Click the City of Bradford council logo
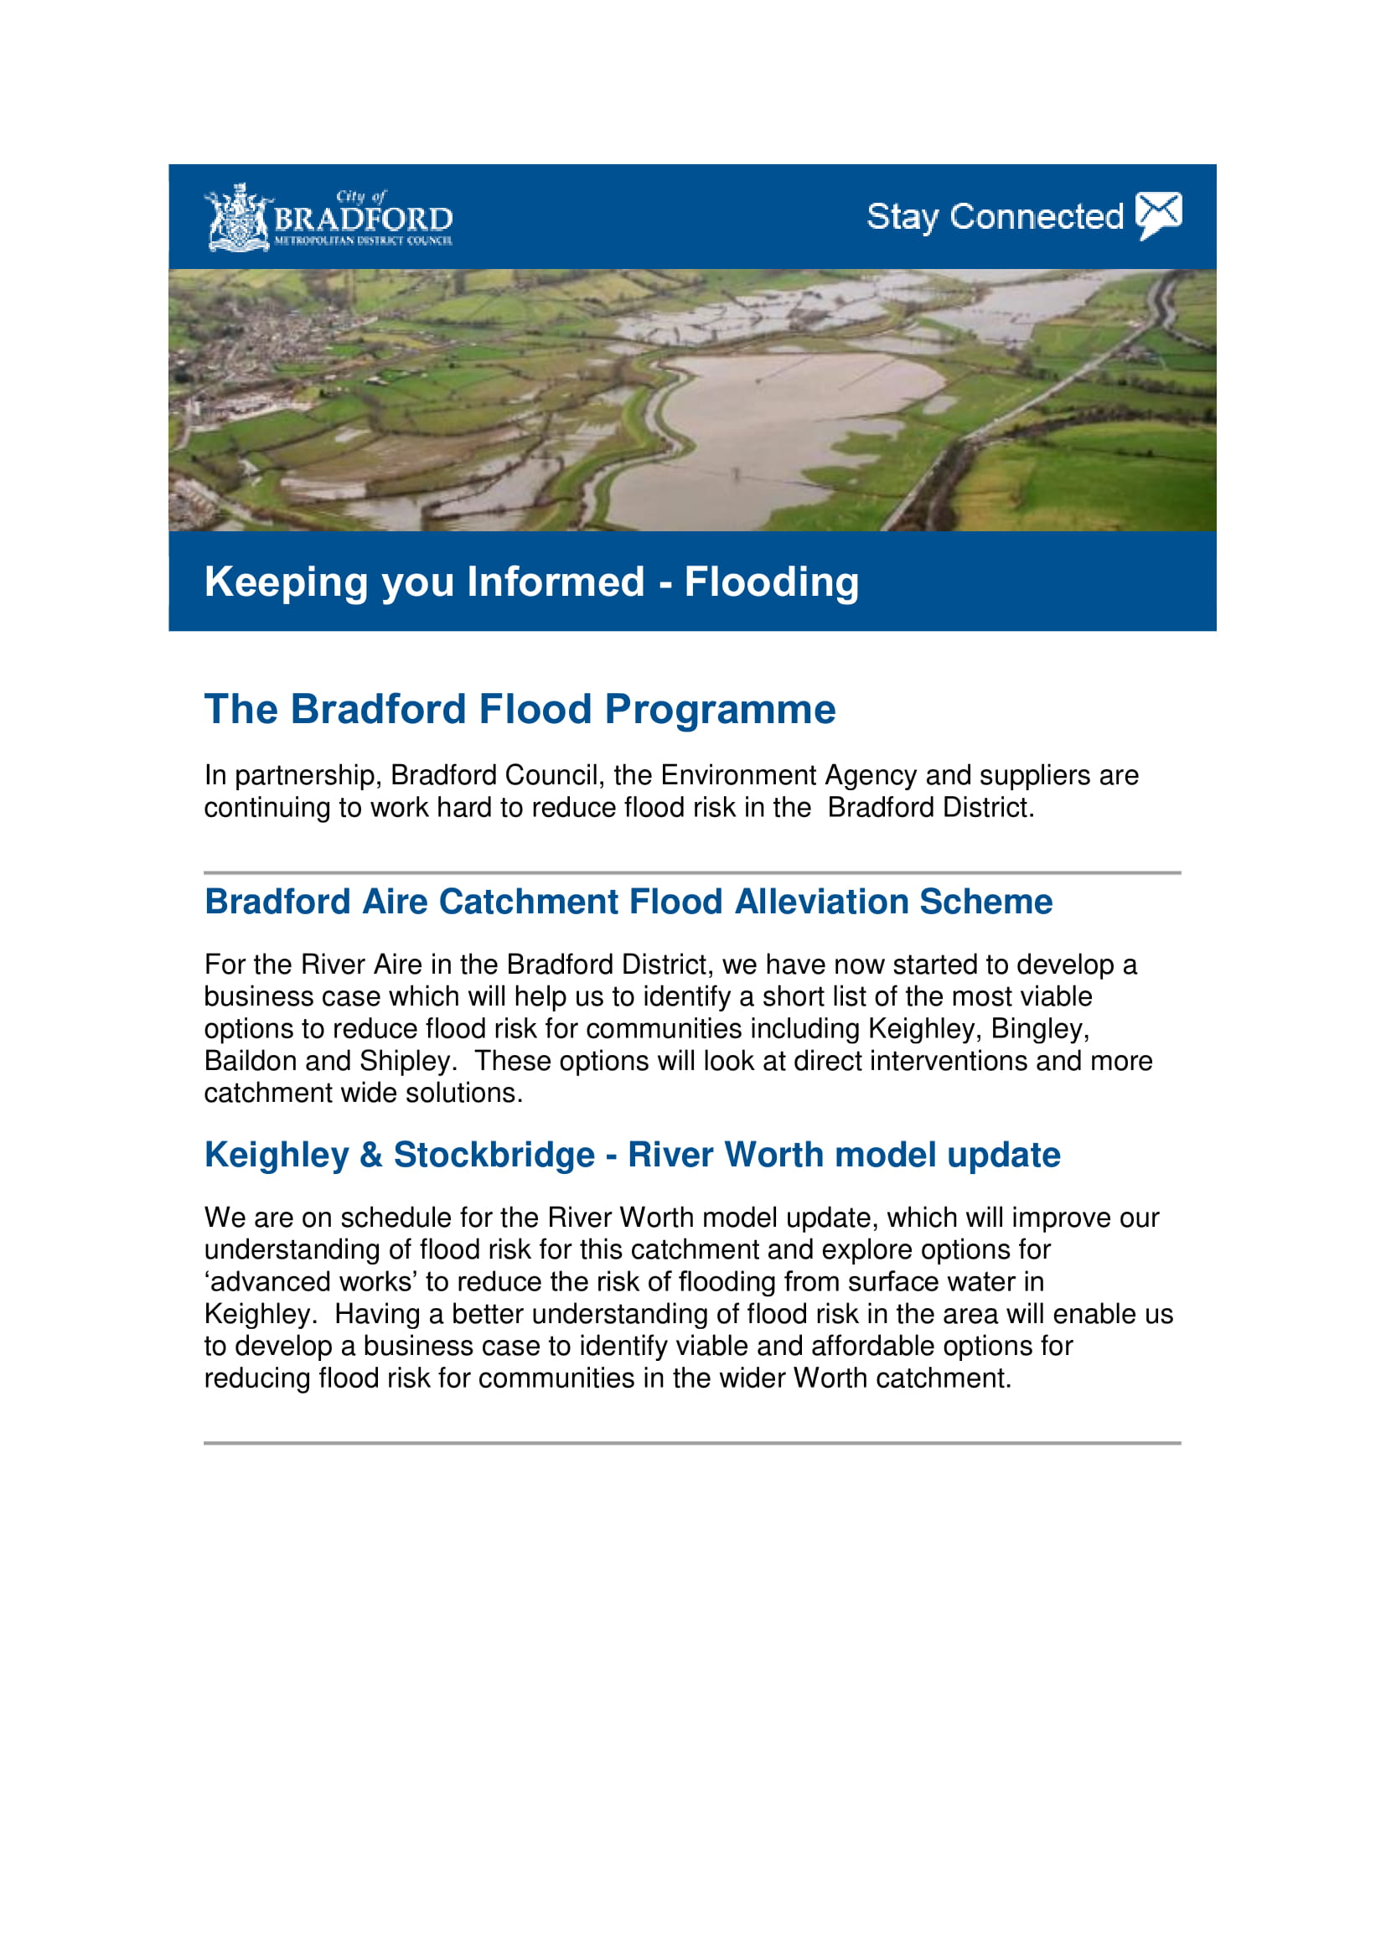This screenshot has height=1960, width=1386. pyautogui.click(x=328, y=219)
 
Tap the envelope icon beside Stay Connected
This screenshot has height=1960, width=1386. pyautogui.click(x=1158, y=215)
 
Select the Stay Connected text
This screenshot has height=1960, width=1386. pyautogui.click(x=995, y=217)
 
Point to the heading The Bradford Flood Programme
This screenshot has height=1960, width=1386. pyautogui.click(x=519, y=710)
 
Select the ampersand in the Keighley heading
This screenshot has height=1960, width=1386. pyautogui.click(x=370, y=1155)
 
